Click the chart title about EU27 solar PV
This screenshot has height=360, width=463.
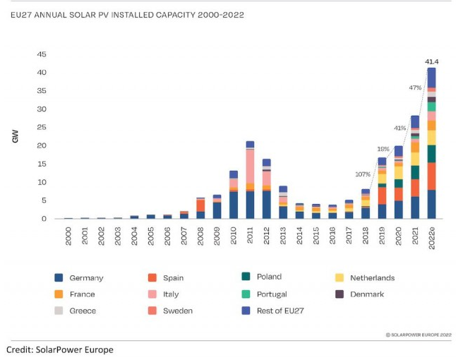(127, 14)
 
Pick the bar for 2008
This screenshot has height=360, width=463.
(200, 209)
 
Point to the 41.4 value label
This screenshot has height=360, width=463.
(432, 61)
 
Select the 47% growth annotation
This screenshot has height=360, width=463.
(415, 88)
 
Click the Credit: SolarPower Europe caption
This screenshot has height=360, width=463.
(59, 349)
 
